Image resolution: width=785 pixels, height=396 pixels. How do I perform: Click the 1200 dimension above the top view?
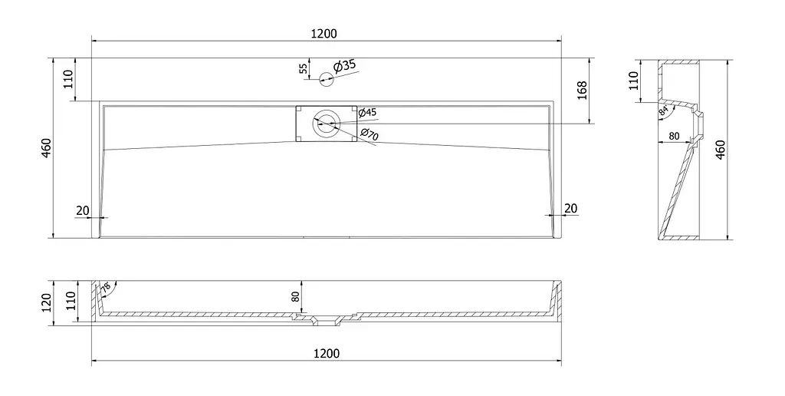tap(324, 34)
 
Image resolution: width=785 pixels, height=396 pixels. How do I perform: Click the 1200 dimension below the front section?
tap(327, 353)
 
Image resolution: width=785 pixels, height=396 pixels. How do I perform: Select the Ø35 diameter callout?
tap(344, 66)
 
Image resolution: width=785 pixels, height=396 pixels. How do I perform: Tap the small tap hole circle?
tap(326, 79)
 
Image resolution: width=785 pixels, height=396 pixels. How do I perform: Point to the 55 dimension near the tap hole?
tap(304, 68)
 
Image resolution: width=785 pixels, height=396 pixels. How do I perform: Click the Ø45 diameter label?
tap(367, 113)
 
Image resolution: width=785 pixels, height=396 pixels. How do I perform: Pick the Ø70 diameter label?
tap(370, 134)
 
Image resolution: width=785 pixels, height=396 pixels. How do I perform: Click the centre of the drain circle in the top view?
tap(327, 124)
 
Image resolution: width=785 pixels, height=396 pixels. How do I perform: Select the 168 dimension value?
tap(583, 91)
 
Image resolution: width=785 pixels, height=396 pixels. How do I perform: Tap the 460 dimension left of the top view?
tap(45, 148)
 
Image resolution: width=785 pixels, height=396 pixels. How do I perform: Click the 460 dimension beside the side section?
tap(721, 150)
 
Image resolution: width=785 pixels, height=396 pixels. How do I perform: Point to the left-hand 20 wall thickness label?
tap(83, 210)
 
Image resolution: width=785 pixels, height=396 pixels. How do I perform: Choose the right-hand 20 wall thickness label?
tap(570, 208)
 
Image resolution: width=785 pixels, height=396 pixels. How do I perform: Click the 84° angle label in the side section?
tap(663, 111)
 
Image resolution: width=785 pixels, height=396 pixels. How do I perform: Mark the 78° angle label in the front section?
tap(106, 288)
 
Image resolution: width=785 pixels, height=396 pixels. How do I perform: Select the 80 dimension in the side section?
tap(674, 136)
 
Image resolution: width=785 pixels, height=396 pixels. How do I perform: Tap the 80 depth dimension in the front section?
tap(295, 296)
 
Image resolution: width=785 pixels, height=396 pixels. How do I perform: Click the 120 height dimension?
tap(47, 302)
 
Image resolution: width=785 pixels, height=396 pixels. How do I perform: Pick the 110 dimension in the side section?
tap(633, 81)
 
